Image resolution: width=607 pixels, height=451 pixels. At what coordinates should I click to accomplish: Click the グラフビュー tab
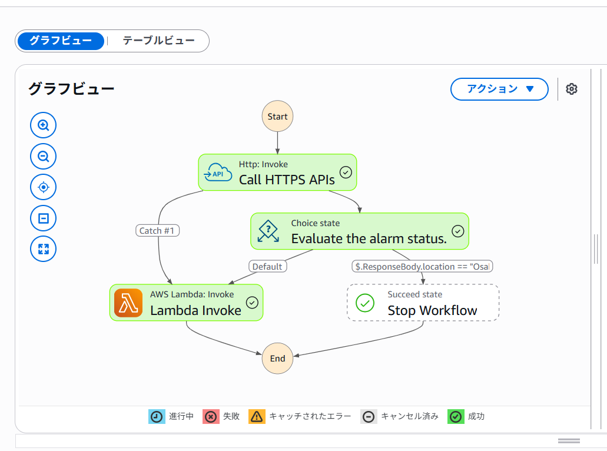point(61,41)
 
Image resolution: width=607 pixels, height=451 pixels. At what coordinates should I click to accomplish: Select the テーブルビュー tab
point(158,41)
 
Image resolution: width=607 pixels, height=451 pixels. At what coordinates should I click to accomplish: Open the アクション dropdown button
point(499,89)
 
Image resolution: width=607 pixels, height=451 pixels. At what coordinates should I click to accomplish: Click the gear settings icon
point(572,89)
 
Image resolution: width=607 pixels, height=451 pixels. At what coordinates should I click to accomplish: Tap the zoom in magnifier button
point(44,125)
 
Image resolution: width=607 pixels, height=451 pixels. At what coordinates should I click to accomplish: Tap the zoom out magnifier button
point(44,156)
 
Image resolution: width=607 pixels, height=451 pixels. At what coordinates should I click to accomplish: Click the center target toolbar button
point(44,187)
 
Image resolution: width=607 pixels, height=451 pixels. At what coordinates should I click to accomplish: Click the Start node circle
point(277,117)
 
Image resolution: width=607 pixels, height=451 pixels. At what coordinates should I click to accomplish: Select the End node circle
point(277,359)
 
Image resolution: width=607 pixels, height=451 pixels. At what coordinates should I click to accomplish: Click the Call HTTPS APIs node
point(277,173)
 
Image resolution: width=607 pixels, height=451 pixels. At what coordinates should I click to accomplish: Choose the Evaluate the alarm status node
point(360,231)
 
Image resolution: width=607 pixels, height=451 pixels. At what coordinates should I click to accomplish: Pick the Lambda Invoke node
point(186,303)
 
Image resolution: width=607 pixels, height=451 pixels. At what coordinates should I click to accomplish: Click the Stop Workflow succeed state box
point(423,303)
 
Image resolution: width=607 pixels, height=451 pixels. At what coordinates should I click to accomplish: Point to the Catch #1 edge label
point(157,231)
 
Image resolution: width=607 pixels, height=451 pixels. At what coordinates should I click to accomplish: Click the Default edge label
point(267,267)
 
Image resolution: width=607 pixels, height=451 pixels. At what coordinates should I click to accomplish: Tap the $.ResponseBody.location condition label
point(422,267)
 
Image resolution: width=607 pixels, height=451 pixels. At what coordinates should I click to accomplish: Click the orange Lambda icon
point(128,303)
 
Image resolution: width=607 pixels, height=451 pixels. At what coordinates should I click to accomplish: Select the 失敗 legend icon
point(211,416)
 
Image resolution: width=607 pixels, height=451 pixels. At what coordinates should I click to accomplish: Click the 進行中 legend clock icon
point(157,416)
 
